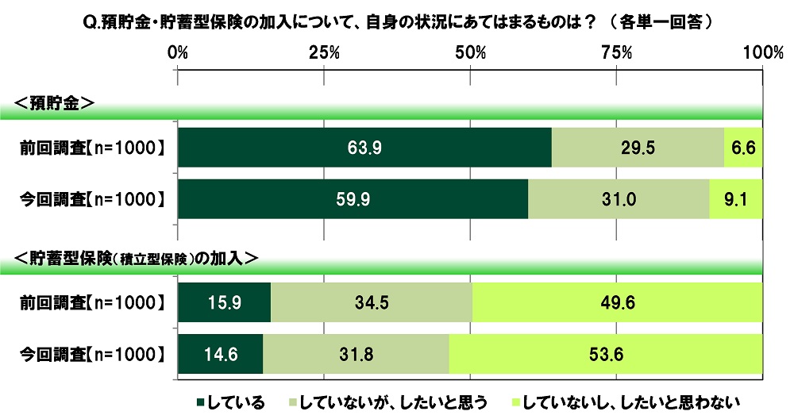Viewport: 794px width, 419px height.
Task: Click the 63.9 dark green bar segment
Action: tap(364, 147)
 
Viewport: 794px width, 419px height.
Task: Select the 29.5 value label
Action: tap(638, 147)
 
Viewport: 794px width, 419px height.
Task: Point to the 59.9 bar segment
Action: tap(353, 198)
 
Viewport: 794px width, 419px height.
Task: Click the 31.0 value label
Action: tap(619, 198)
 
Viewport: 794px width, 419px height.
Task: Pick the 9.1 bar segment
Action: tap(736, 198)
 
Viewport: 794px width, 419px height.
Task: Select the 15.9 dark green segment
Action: tap(225, 302)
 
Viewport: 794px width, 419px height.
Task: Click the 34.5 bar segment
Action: tap(372, 302)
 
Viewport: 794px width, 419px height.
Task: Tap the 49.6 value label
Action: tap(618, 302)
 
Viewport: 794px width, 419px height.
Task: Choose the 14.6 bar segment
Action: tap(221, 353)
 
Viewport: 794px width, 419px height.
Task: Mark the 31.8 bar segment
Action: tap(356, 353)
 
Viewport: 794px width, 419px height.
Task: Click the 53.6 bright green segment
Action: tap(606, 353)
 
